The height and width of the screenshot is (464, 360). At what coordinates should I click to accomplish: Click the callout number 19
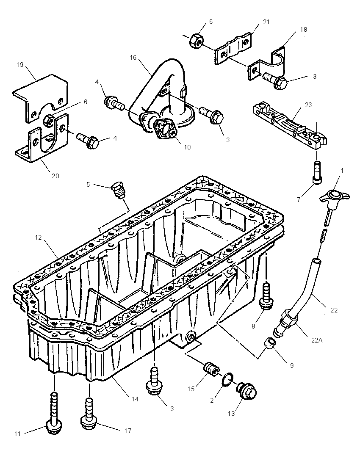pos(20,64)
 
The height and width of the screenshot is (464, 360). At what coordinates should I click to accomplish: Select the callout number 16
pos(133,58)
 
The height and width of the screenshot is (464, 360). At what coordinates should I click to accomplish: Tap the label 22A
pos(316,340)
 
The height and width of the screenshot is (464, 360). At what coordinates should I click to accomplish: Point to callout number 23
pos(308,105)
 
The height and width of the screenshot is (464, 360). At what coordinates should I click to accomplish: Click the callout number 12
pos(39,238)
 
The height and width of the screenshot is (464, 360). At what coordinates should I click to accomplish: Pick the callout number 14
pos(135,399)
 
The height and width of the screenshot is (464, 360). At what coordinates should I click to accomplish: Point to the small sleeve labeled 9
pos(269,345)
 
